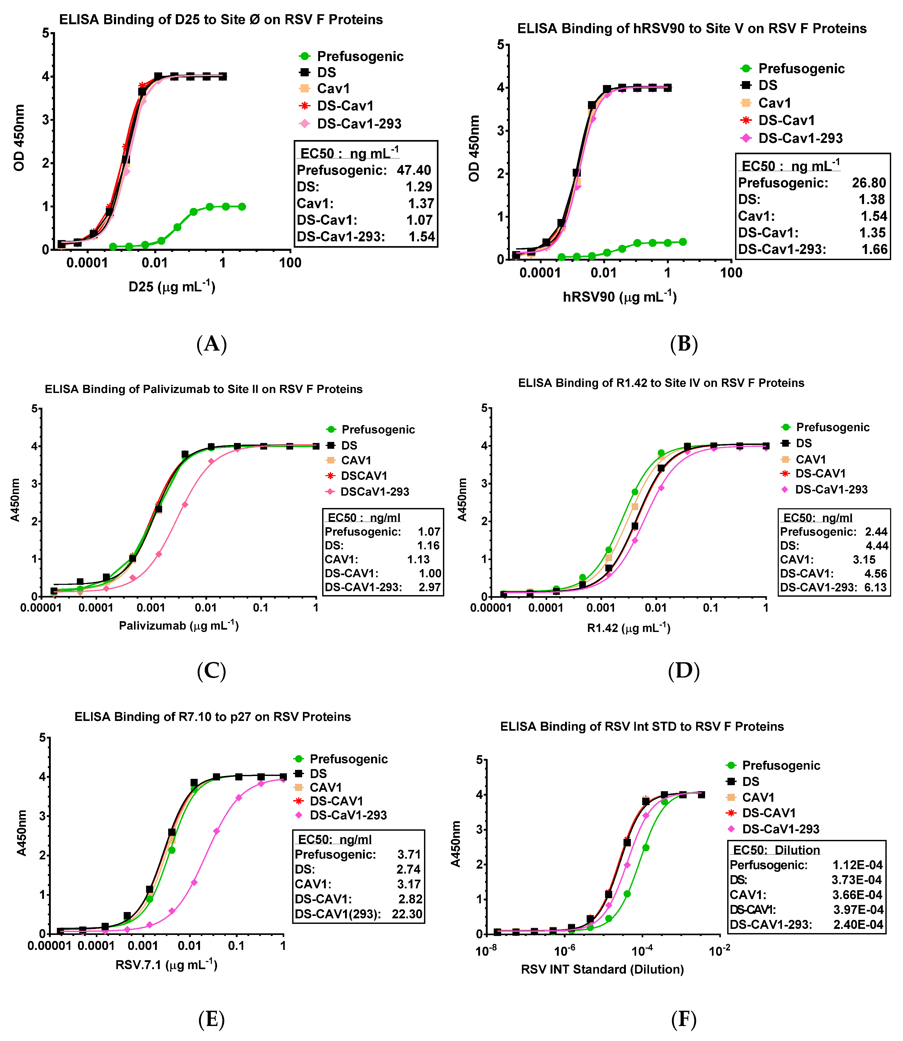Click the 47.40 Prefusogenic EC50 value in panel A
coord(414,170)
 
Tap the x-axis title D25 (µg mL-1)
coord(172,287)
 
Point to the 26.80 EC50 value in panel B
coord(869,183)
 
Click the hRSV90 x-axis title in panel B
coord(619,297)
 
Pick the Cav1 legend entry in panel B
coord(775,103)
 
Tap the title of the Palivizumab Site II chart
coord(204,390)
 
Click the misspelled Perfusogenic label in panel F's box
coord(769,865)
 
